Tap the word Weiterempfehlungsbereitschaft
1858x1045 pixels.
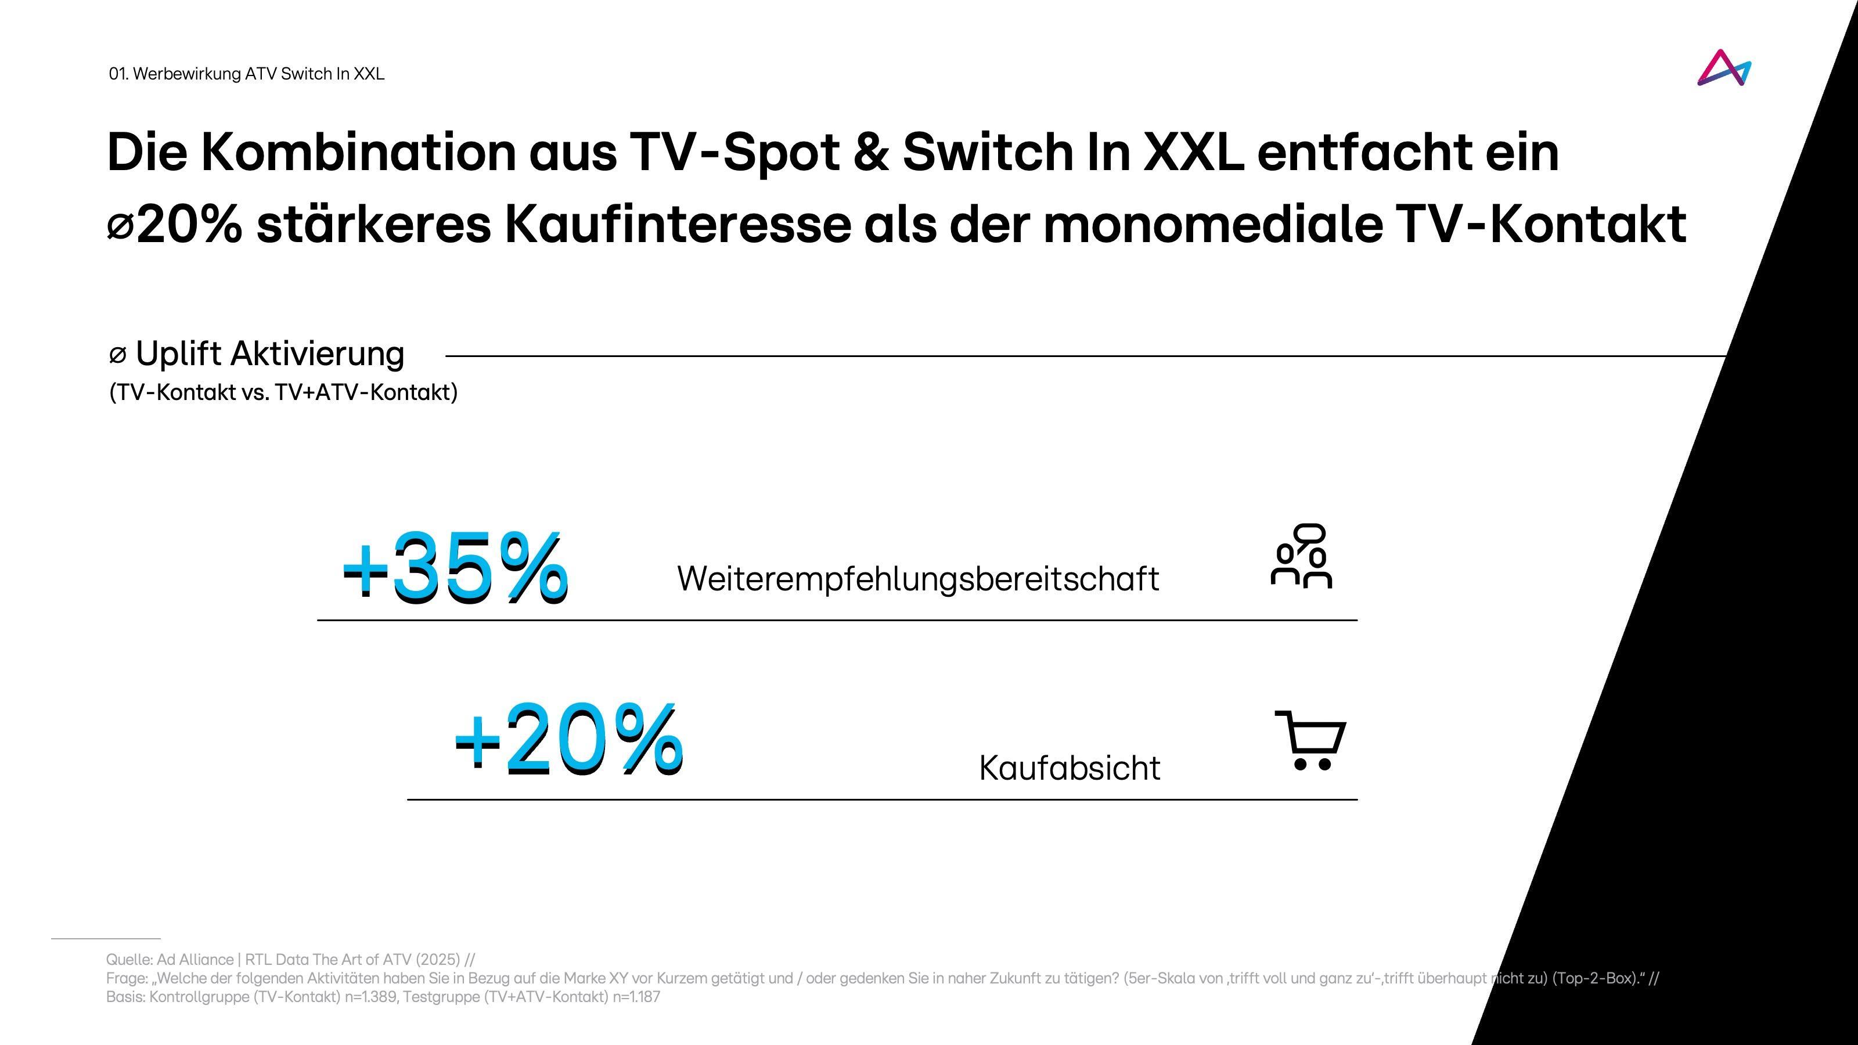pyautogui.click(x=917, y=578)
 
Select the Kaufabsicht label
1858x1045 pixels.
pyautogui.click(x=1069, y=767)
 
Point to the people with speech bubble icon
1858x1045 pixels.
pyautogui.click(x=1301, y=556)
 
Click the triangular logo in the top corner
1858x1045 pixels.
pyautogui.click(x=1724, y=69)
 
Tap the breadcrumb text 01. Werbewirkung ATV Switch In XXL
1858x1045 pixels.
pyautogui.click(x=246, y=74)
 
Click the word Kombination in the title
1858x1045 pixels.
pyautogui.click(x=358, y=152)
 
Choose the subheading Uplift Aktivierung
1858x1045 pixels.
pyautogui.click(x=269, y=354)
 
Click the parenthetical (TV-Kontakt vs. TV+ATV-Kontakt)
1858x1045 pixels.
pyautogui.click(x=283, y=392)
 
